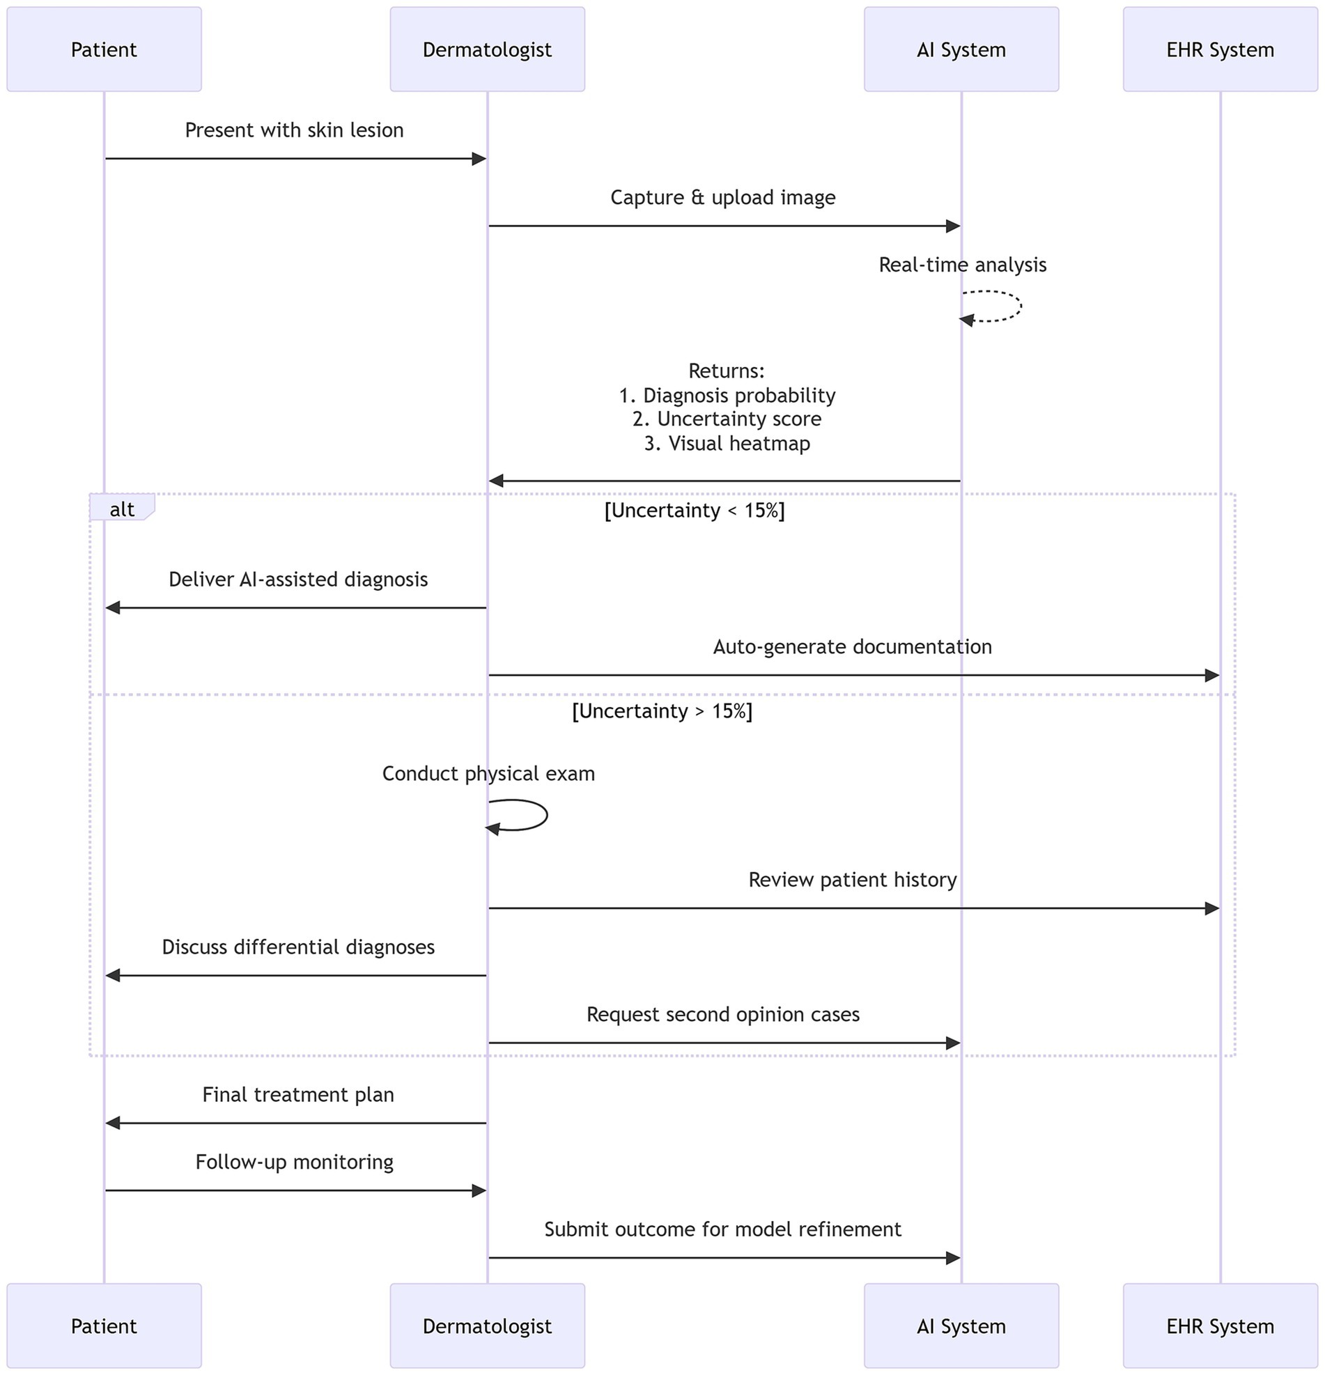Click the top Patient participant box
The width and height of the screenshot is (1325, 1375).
click(104, 49)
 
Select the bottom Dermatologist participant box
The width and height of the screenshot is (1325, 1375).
click(487, 1326)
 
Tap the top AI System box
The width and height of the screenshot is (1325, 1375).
click(961, 49)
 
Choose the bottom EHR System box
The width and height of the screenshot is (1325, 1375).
click(1220, 1326)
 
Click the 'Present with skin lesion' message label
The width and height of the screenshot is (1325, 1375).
click(294, 130)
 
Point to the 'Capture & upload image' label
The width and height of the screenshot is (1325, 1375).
click(722, 198)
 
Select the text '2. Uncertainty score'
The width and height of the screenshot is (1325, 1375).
click(726, 419)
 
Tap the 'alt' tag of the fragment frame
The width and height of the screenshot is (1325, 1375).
click(121, 509)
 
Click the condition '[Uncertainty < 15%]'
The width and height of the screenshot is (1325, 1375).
click(694, 511)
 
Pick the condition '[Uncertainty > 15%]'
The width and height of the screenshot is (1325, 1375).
click(661, 711)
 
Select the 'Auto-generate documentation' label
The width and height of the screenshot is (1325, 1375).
click(852, 647)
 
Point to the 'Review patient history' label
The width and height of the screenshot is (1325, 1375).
click(852, 880)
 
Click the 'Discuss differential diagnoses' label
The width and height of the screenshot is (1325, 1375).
click(298, 947)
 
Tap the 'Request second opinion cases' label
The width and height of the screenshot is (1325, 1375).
click(722, 1014)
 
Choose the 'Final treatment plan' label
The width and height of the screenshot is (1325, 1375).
click(298, 1094)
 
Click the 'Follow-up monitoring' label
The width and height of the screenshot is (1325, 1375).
click(294, 1162)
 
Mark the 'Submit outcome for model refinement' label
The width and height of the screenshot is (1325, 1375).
click(722, 1229)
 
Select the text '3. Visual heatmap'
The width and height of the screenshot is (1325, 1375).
click(727, 444)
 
